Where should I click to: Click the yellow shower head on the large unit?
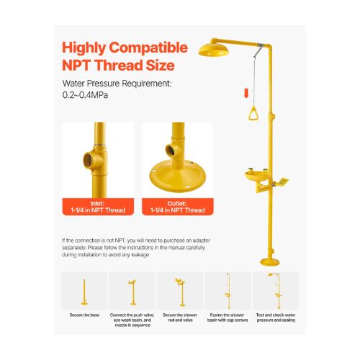pos(214,50)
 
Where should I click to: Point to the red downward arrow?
pos(246,93)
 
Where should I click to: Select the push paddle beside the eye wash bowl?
pos(282,181)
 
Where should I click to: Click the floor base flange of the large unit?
pos(270,262)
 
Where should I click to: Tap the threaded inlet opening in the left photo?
pos(88,159)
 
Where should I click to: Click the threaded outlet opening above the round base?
pos(170,150)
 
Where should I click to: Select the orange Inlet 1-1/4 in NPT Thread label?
pos(98,207)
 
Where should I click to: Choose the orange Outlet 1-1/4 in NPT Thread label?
pos(178,207)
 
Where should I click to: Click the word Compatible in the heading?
pos(148,48)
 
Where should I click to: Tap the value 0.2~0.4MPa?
pos(85,95)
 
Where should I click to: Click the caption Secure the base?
pos(84,315)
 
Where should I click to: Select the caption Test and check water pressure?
pos(276,318)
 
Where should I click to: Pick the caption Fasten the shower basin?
pos(228,318)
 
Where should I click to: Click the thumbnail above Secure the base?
pos(84,291)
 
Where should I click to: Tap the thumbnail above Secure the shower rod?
pos(180,291)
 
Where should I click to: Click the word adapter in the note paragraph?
pos(202,240)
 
